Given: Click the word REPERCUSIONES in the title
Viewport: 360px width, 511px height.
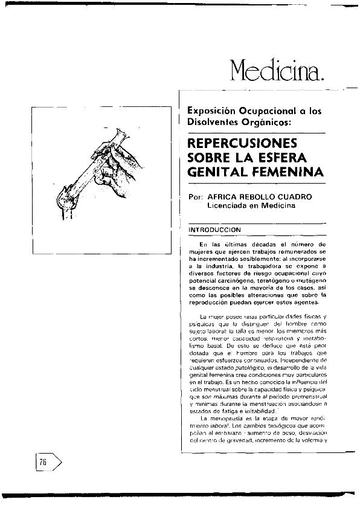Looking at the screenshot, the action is (x=239, y=145).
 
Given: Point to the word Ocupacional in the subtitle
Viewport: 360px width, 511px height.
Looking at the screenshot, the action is (x=264, y=111).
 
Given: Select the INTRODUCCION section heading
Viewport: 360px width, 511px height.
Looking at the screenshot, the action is (x=215, y=230).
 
